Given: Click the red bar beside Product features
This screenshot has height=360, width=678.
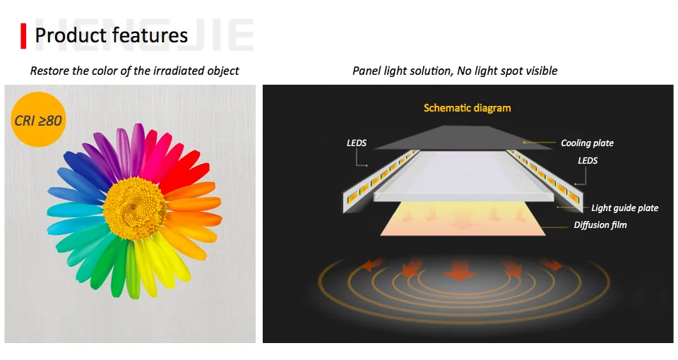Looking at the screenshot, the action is (23, 36).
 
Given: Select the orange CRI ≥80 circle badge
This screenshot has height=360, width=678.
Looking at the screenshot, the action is (38, 120).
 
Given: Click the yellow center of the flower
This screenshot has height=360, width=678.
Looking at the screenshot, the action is (135, 208).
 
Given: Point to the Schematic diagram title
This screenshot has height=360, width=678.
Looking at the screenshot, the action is (467, 108).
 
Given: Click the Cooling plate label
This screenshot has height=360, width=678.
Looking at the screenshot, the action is (587, 143).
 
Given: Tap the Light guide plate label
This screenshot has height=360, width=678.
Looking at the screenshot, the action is (625, 208).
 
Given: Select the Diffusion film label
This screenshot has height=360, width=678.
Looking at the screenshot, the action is (600, 224).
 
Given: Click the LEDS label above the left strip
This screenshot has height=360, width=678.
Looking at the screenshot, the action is (356, 143).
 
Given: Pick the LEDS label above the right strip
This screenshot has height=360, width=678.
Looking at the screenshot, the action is (588, 161).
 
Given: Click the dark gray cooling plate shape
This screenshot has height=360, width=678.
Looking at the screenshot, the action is (463, 138).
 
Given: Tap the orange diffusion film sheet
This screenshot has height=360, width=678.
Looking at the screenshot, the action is (463, 219).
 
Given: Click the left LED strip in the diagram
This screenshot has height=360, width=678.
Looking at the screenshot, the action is (381, 182).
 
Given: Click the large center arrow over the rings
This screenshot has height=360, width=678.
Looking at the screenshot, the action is (460, 269).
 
